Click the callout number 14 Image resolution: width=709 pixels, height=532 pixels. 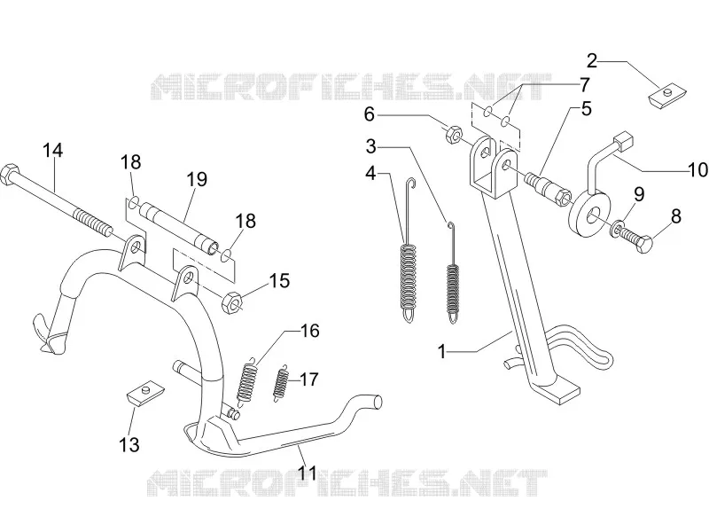click(x=53, y=151)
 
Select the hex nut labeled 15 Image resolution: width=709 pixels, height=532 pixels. click(x=231, y=302)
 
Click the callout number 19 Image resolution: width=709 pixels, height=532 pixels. click(x=197, y=179)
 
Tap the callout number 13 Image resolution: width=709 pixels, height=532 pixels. click(x=129, y=444)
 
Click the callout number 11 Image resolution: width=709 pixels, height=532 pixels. click(x=308, y=473)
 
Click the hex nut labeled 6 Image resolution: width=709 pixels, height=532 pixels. click(x=453, y=135)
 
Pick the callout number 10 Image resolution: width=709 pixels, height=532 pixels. click(x=698, y=169)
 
